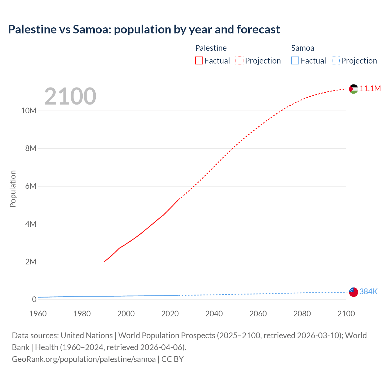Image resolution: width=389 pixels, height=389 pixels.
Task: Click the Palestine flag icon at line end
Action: [353, 89]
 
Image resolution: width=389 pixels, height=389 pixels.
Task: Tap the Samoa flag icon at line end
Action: [353, 292]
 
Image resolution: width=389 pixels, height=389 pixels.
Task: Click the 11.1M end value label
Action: [370, 89]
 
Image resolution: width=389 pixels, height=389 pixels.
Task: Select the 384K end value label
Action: [368, 292]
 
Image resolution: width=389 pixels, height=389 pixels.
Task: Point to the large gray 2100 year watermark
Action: [70, 96]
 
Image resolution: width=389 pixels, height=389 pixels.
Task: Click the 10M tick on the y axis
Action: [29, 111]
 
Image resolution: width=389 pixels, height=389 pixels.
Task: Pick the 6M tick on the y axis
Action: [31, 186]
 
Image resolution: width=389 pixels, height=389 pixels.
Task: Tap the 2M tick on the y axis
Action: [31, 262]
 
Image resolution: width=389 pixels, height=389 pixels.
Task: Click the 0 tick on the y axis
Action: [34, 299]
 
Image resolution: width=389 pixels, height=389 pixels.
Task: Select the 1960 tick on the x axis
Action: [38, 314]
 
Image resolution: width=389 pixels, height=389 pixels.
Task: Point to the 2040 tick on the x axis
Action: [214, 314]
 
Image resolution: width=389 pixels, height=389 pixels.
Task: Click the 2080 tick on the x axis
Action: [302, 314]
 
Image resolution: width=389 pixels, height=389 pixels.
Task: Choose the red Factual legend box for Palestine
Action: [199, 60]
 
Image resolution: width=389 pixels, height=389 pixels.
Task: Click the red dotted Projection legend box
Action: [239, 60]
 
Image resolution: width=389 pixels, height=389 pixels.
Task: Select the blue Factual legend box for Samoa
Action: [295, 60]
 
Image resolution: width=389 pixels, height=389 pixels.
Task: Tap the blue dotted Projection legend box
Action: [336, 60]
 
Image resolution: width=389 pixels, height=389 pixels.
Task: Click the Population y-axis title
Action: [13, 189]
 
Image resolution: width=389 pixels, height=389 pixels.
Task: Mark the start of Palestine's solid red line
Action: [104, 262]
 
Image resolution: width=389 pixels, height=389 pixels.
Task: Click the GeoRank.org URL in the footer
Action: [84, 359]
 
